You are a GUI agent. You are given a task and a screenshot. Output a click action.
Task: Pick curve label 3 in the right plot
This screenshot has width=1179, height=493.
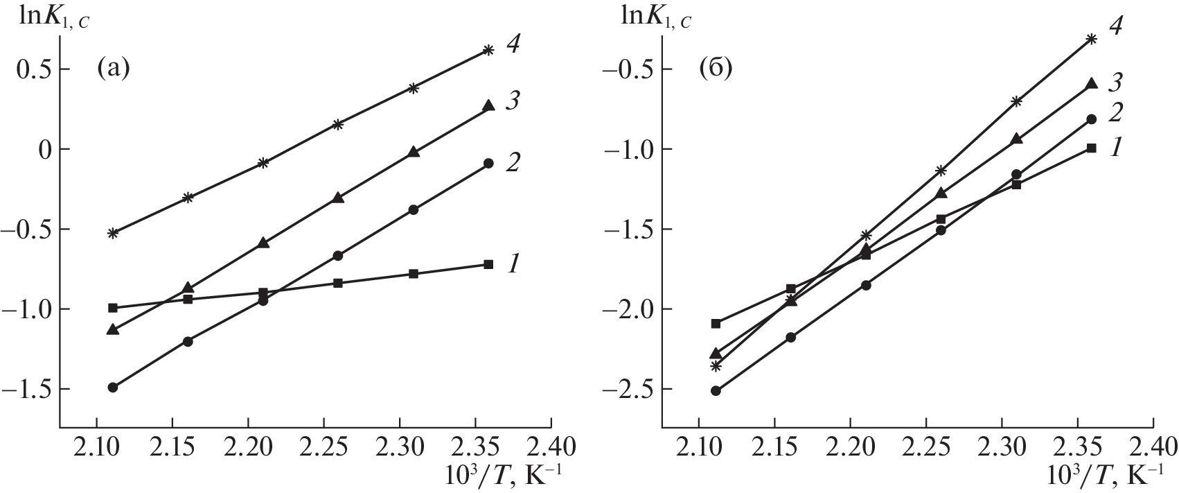coord(1115,83)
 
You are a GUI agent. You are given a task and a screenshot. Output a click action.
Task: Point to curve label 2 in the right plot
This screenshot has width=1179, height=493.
coord(1115,112)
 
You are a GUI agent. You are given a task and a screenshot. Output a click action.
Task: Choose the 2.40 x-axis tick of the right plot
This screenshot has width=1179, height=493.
coord(1154,444)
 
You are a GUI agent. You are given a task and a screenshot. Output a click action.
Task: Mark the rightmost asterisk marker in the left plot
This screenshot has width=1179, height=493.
coord(488,50)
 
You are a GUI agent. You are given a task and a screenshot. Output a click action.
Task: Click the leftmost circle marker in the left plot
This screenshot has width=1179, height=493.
coord(113,387)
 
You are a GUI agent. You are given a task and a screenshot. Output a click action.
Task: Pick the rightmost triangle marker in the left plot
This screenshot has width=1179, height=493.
coord(488,105)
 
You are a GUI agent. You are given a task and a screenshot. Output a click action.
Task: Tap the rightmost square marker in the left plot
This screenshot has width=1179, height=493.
coord(488,264)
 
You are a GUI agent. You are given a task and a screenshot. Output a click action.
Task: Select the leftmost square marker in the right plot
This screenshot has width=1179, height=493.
coord(716,324)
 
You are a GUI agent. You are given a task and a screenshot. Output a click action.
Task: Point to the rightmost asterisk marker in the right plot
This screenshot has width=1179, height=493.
coord(1092,39)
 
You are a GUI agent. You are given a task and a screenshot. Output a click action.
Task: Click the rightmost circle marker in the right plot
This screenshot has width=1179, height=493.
coord(1092,119)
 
